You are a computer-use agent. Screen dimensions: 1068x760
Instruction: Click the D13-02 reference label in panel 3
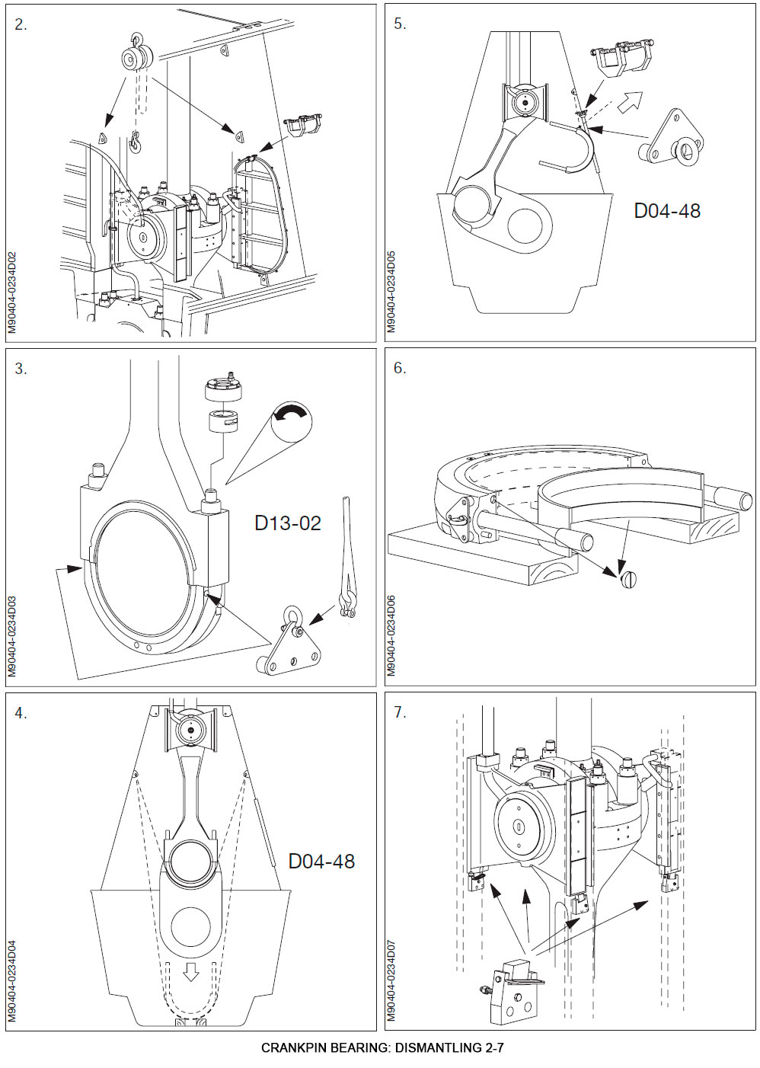[x=287, y=523]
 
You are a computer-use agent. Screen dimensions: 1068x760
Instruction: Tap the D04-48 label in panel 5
[x=666, y=211]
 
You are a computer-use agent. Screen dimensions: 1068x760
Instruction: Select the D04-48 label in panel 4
[x=321, y=862]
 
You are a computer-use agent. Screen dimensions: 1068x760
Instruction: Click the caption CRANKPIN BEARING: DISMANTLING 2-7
[x=382, y=1047]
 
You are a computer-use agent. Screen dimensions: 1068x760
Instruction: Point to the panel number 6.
[x=400, y=368]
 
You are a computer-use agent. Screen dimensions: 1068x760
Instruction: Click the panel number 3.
[x=21, y=369]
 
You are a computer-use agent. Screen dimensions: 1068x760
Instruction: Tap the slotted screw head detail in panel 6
[x=628, y=580]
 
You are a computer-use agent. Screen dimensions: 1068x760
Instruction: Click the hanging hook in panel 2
[x=136, y=140]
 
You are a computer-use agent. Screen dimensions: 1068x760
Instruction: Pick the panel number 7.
[x=400, y=712]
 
